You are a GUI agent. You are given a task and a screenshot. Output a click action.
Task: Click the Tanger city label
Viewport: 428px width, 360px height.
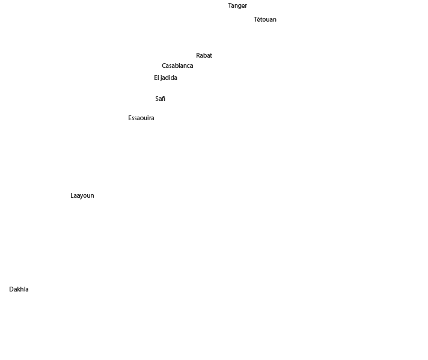coord(237,6)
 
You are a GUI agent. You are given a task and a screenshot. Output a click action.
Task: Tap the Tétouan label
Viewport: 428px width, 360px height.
coord(265,19)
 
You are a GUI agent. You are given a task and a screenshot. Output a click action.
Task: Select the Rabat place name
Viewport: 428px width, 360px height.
coord(204,55)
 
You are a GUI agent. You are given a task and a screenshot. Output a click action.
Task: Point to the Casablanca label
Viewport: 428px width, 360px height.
coord(177,66)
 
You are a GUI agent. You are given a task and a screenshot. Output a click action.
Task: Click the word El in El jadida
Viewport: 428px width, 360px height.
coord(156,78)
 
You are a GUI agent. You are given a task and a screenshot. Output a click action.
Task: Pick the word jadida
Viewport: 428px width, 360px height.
coord(169,78)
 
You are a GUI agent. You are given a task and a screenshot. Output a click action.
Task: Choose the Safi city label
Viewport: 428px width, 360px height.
coord(160,99)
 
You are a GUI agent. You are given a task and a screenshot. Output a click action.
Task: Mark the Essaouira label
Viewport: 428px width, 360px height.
coord(141,118)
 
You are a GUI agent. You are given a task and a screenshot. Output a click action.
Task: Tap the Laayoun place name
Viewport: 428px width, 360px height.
coord(82,196)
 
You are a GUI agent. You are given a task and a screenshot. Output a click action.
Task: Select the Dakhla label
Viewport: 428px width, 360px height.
coord(19,289)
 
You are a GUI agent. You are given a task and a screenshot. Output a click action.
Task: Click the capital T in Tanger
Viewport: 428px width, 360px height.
coord(230,6)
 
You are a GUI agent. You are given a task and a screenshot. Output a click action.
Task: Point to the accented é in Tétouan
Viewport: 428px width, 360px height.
coord(258,19)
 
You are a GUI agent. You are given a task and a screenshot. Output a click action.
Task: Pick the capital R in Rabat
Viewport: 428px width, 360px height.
coord(198,55)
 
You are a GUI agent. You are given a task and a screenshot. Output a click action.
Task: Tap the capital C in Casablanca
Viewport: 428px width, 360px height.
coord(164,66)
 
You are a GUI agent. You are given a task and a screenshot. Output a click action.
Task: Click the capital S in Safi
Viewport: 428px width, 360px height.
coord(157,99)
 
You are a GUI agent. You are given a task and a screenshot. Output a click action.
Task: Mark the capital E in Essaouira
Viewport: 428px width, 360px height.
coord(130,118)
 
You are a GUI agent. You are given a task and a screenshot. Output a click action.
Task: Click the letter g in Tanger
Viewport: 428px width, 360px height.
coord(240,7)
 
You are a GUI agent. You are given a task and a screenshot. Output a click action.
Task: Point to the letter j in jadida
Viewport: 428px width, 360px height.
coord(161,78)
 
